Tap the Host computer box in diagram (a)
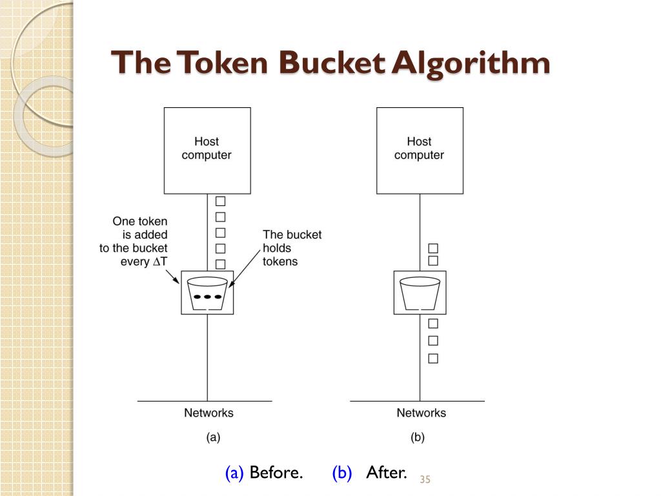click(x=207, y=150)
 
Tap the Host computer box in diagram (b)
click(x=420, y=150)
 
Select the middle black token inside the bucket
click(x=207, y=297)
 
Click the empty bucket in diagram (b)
click(x=420, y=294)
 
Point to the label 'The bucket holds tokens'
click(x=291, y=248)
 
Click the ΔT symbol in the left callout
click(x=159, y=262)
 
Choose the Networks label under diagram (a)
click(x=208, y=412)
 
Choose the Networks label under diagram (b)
click(x=421, y=412)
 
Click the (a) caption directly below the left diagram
click(x=213, y=437)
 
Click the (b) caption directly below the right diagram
click(x=418, y=437)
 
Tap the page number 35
click(x=425, y=479)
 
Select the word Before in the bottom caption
click(x=276, y=473)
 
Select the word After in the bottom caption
click(x=386, y=473)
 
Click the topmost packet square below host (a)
click(x=220, y=201)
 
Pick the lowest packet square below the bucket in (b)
click(x=433, y=358)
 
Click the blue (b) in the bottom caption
click(x=341, y=473)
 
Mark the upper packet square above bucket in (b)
click(x=433, y=248)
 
